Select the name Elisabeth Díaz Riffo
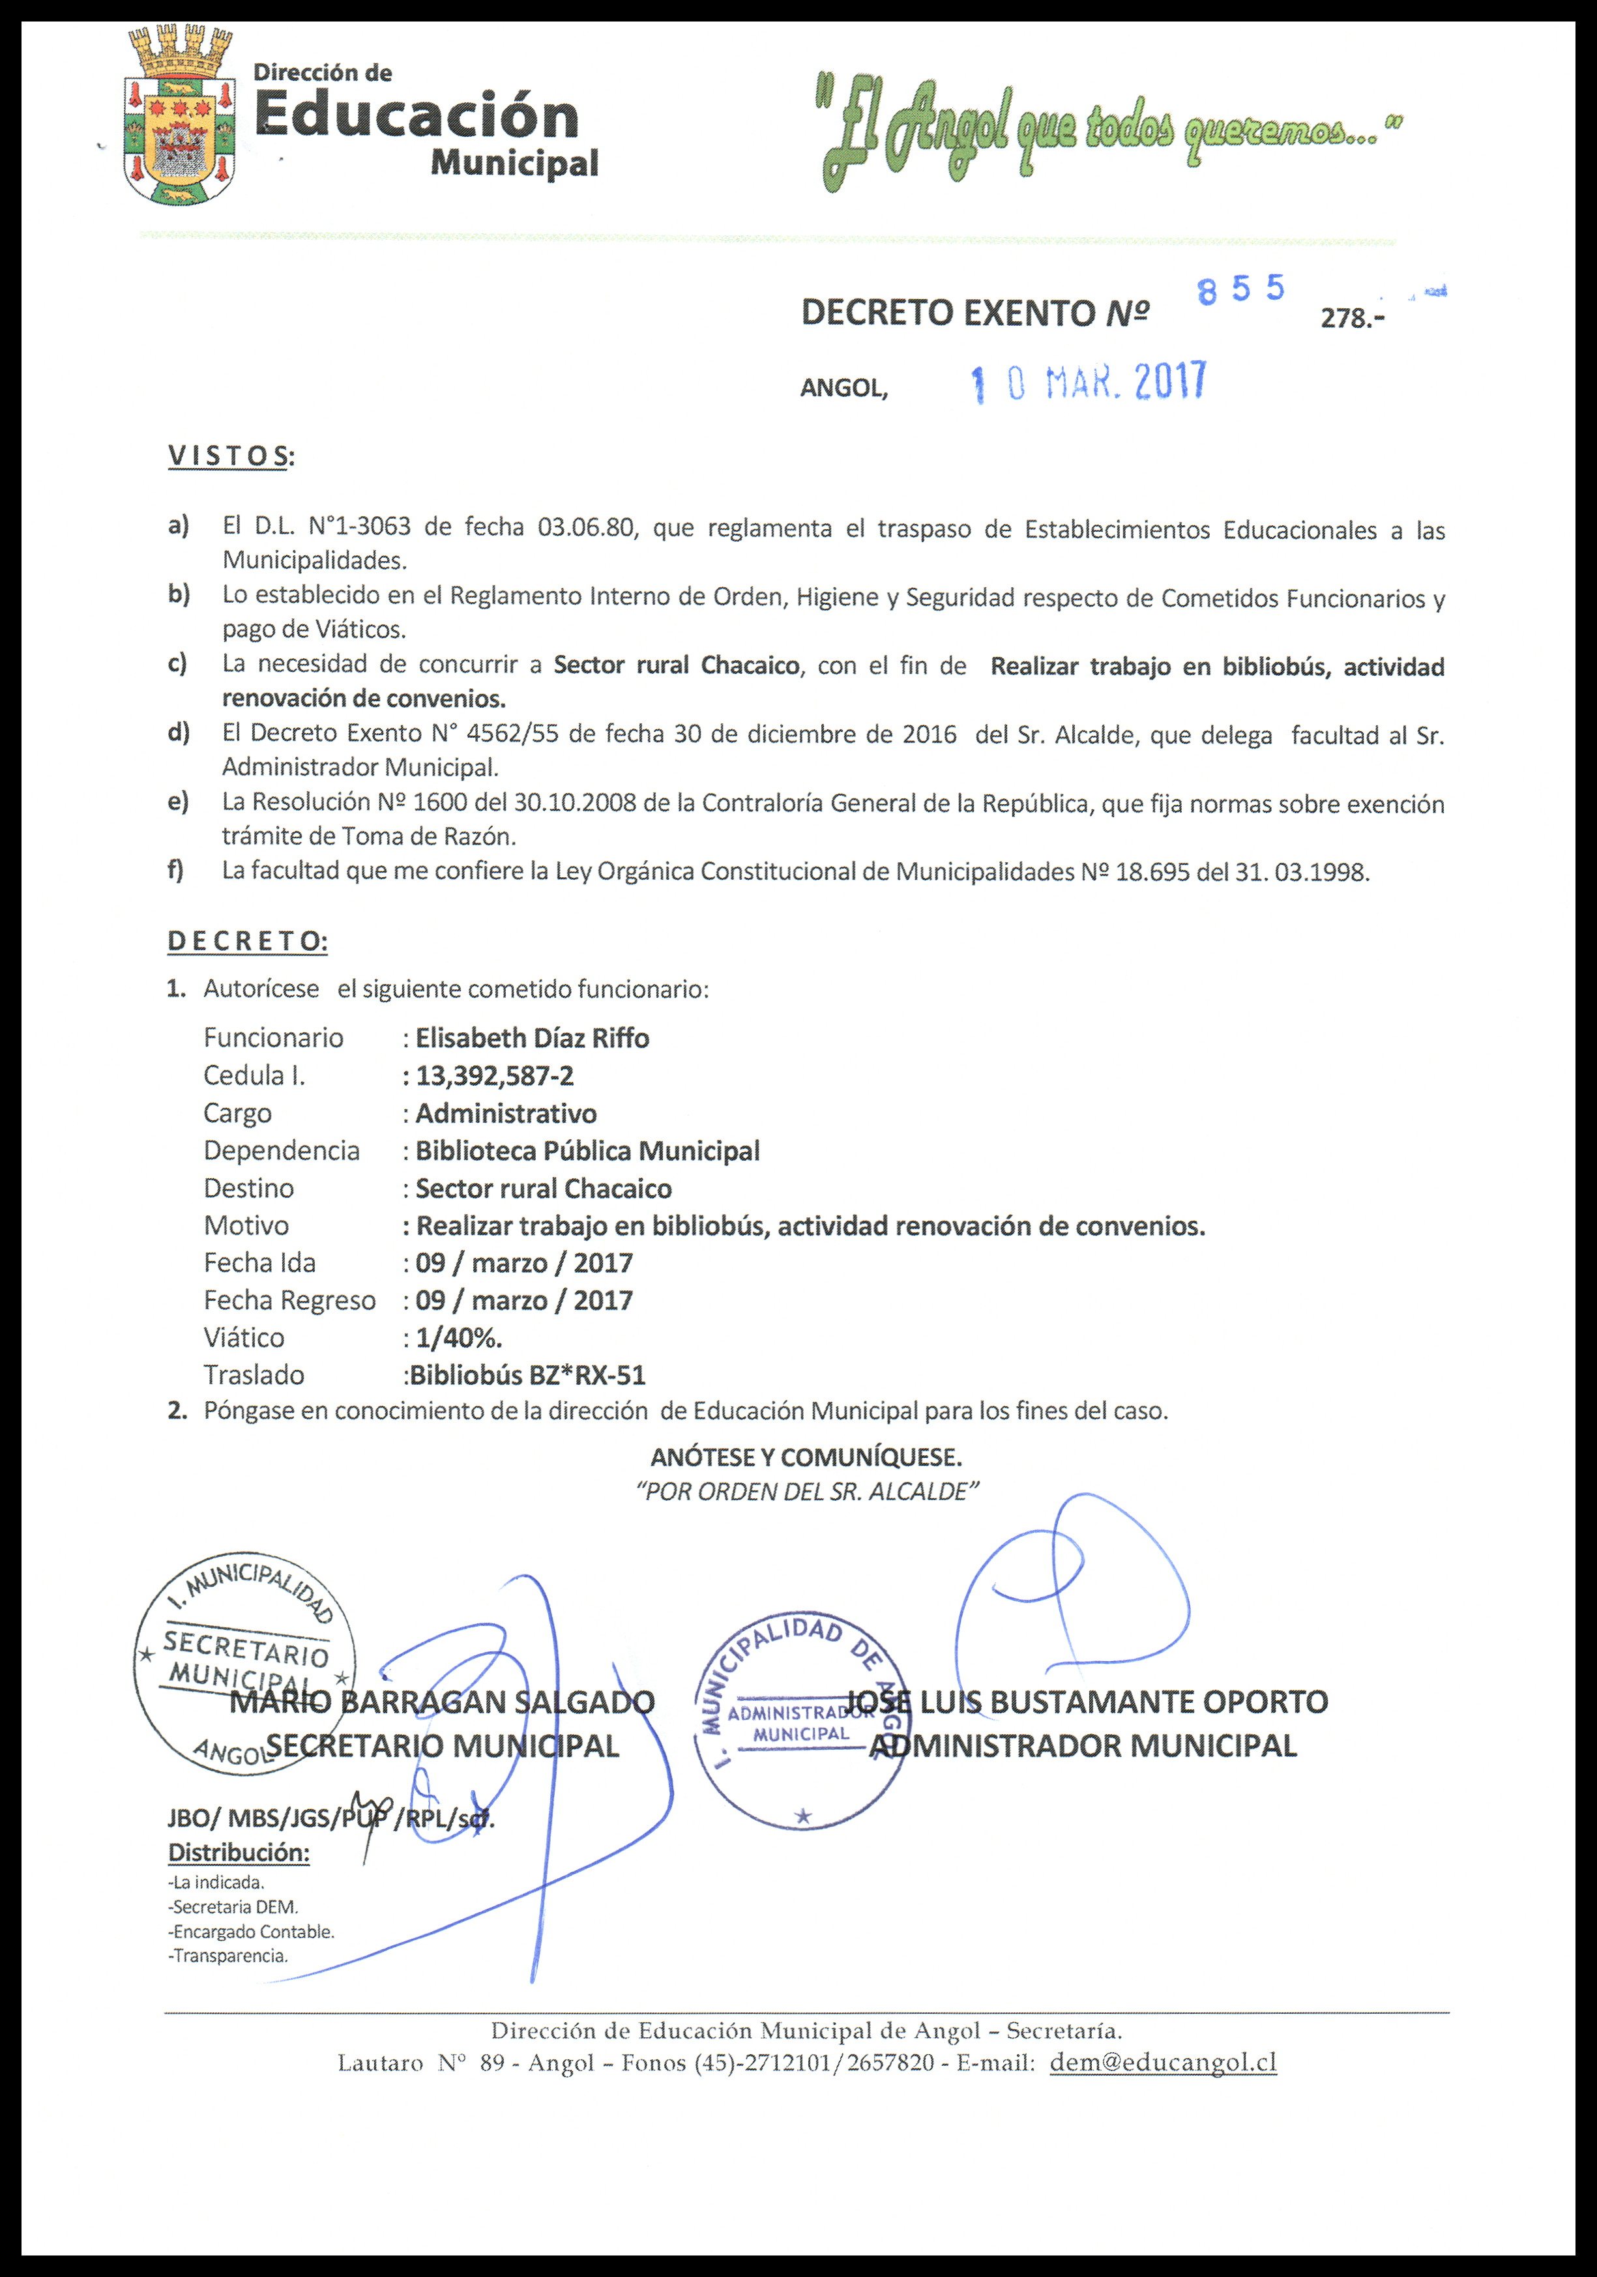(x=532, y=1038)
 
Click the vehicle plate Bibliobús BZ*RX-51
(x=528, y=1376)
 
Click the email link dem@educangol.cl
(x=1162, y=2062)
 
